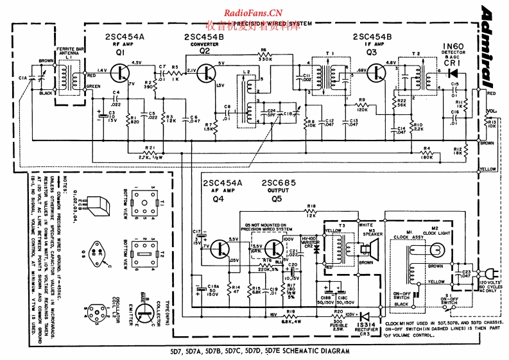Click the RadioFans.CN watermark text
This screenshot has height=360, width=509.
tap(254, 12)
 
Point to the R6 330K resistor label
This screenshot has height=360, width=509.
tap(263, 53)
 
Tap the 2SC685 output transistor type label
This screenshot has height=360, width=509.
tap(280, 183)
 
